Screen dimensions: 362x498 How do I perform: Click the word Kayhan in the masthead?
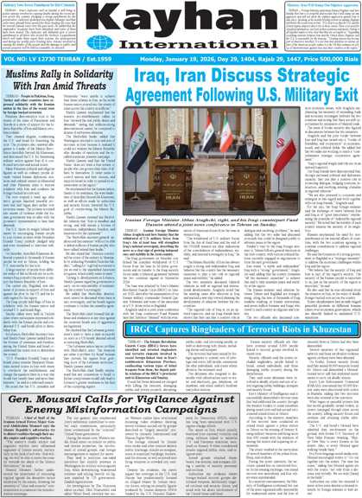pos(181,18)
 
